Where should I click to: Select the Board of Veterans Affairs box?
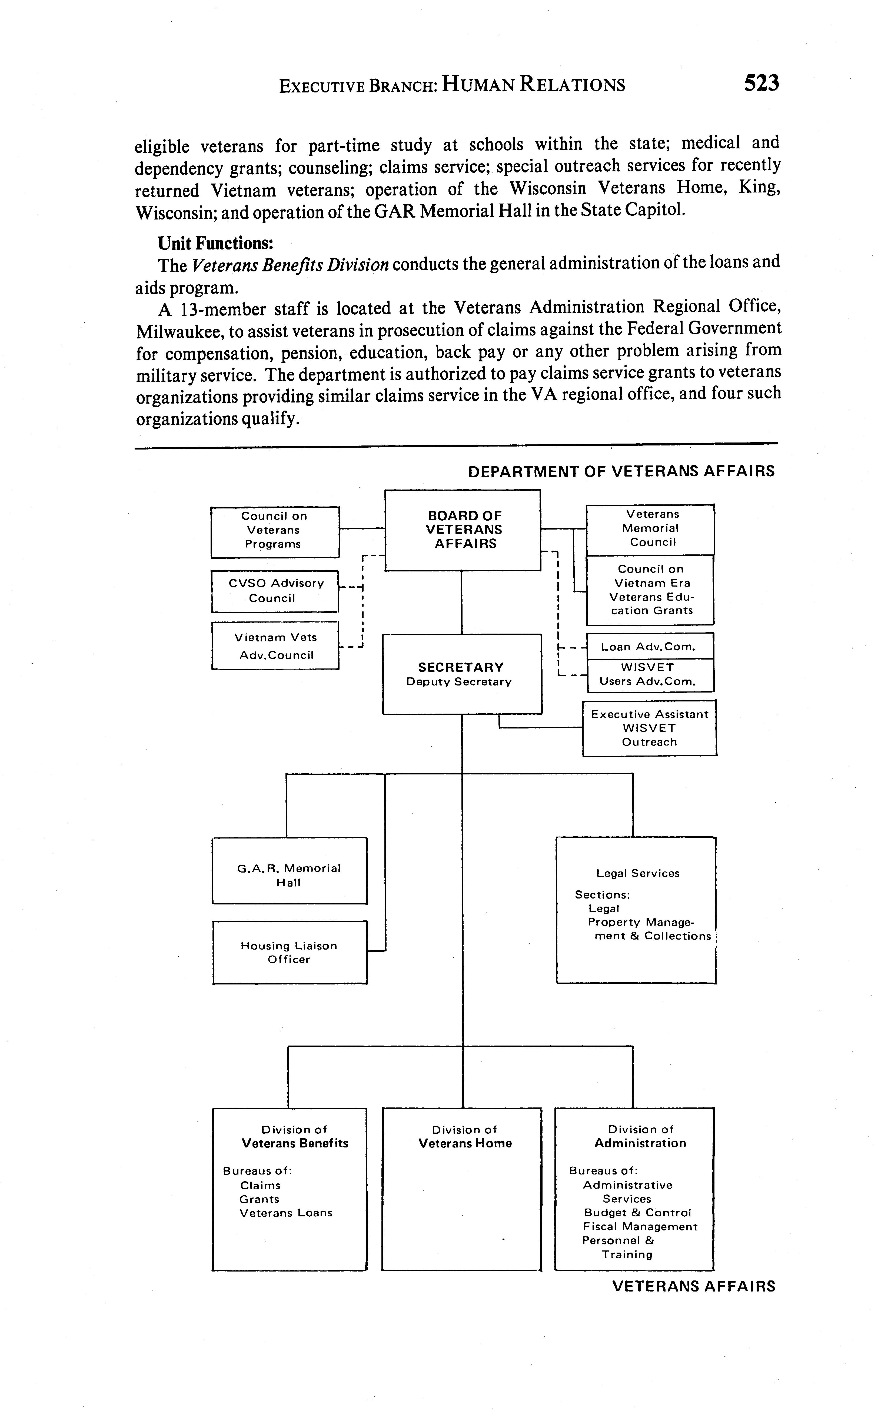point(463,530)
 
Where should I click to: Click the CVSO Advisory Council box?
point(275,591)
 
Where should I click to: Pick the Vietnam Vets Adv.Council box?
point(275,646)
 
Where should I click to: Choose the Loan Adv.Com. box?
point(650,646)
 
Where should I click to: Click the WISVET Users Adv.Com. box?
point(650,675)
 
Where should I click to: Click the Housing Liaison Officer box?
point(289,952)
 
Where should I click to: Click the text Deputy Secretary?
point(459,682)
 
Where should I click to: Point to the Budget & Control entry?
point(638,1213)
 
